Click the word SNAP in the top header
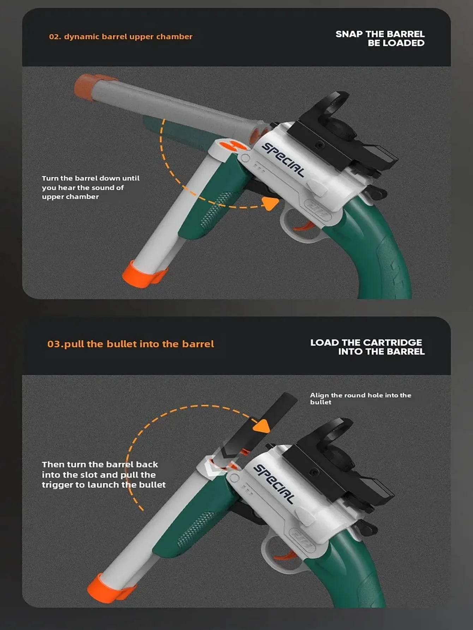click(x=349, y=34)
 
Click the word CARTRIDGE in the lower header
click(x=392, y=343)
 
